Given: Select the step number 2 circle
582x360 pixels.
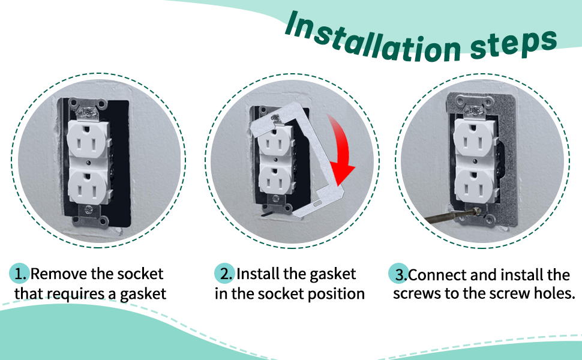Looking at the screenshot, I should click(224, 274).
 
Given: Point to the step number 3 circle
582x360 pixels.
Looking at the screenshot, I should click(398, 274).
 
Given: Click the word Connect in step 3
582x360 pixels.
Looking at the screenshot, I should click(437, 275).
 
